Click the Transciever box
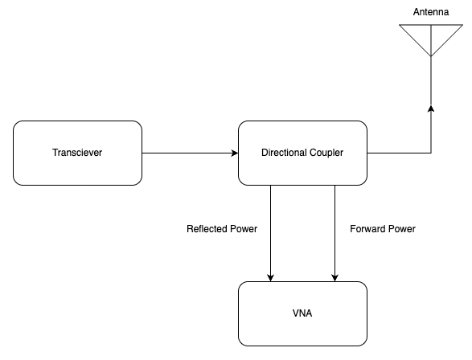77,153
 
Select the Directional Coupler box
302,153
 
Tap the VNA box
302,313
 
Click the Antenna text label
431,12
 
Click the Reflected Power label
222,229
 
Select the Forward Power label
383,229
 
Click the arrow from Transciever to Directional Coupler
190,153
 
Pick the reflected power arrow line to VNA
271,233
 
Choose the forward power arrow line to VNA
335,233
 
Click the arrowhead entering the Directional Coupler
235,153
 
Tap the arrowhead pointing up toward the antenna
431,108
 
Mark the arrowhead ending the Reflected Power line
271,277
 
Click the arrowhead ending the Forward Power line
335,277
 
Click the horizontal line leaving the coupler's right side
399,153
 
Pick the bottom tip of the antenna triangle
431,56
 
